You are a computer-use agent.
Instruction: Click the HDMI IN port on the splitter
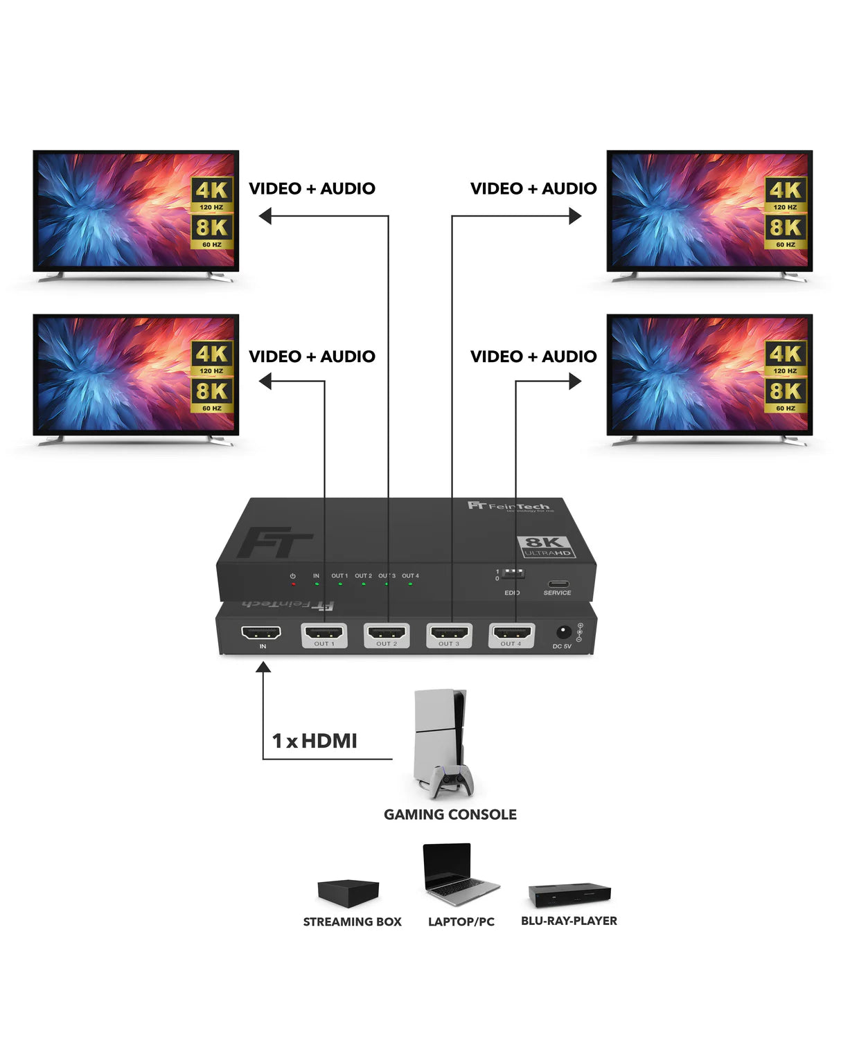click(261, 633)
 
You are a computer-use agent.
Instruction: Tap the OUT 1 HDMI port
click(324, 633)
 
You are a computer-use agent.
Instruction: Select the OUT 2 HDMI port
click(387, 633)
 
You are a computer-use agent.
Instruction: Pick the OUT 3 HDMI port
click(449, 633)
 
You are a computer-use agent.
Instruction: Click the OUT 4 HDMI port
click(511, 633)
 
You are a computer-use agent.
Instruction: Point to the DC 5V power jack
click(564, 631)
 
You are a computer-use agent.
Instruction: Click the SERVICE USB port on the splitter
click(558, 584)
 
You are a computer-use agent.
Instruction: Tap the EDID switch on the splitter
click(513, 574)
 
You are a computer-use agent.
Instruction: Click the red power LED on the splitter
click(293, 584)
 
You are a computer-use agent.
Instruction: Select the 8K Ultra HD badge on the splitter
click(547, 546)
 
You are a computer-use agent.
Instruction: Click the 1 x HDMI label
click(315, 741)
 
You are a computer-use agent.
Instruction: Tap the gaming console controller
click(451, 780)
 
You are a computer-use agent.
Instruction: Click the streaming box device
click(348, 892)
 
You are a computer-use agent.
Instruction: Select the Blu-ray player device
click(569, 894)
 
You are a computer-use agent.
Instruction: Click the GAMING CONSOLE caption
click(450, 815)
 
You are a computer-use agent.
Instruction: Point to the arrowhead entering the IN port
click(263, 667)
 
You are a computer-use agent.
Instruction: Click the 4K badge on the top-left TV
click(212, 190)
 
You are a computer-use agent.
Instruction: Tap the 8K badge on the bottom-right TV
click(786, 391)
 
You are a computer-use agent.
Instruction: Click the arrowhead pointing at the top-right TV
click(575, 216)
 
